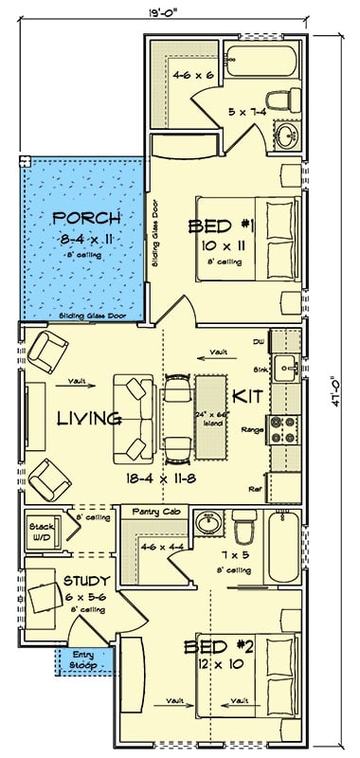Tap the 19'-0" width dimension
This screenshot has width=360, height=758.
[141, 13]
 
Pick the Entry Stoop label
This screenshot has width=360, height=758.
[84, 660]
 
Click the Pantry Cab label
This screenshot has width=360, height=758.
[151, 511]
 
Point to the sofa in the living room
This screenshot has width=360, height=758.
[134, 417]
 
